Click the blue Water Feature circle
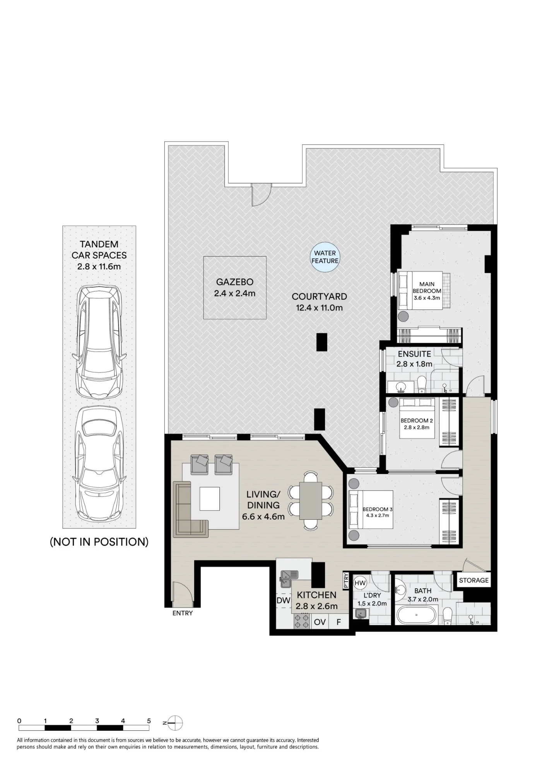(325, 257)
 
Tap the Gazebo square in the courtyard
(235, 288)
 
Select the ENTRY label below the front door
(183, 613)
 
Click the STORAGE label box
(474, 580)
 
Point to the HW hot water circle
(360, 583)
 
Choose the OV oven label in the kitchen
(320, 622)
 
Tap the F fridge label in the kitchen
(339, 622)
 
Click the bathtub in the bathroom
(416, 615)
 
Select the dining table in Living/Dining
(311, 500)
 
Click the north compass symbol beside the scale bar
(175, 723)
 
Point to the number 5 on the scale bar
(149, 721)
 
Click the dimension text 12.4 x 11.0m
(320, 308)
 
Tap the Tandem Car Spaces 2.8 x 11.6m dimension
(99, 266)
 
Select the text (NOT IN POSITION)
(99, 542)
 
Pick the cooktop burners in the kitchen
(301, 621)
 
